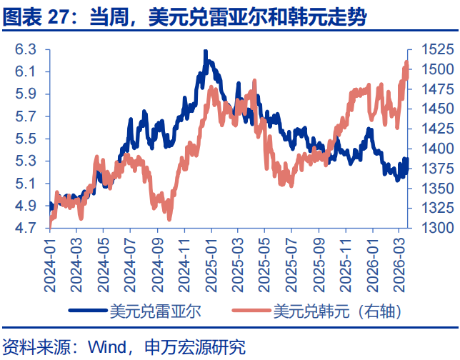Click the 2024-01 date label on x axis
coord(50,264)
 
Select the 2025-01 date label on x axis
coord(211,264)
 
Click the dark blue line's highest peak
coord(206,52)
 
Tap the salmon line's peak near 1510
coord(406,63)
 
